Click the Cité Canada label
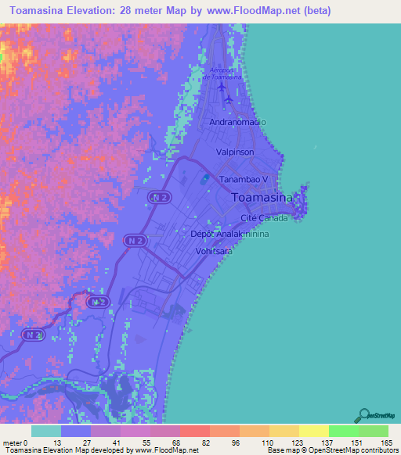point(264,218)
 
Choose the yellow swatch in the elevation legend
point(313,431)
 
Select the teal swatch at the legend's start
point(46,431)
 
